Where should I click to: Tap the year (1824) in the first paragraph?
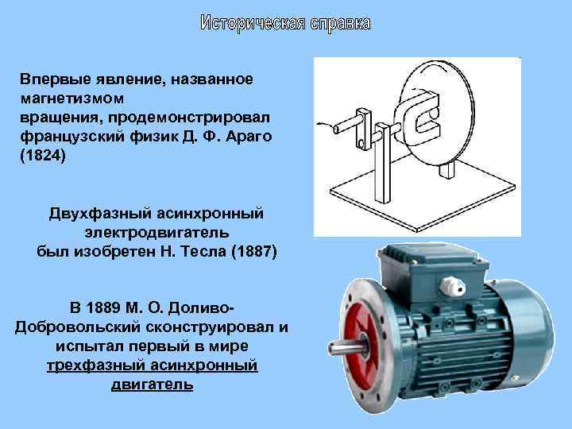tap(41, 155)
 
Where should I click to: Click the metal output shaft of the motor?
tap(344, 348)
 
